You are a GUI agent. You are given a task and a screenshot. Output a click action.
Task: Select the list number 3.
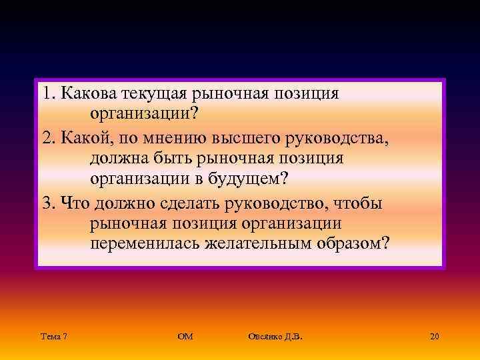[45, 201]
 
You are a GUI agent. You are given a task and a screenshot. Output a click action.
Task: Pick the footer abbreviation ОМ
[185, 337]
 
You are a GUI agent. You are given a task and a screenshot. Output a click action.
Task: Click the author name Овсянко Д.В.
[274, 337]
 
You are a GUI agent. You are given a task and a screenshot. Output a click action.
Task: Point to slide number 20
[435, 337]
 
